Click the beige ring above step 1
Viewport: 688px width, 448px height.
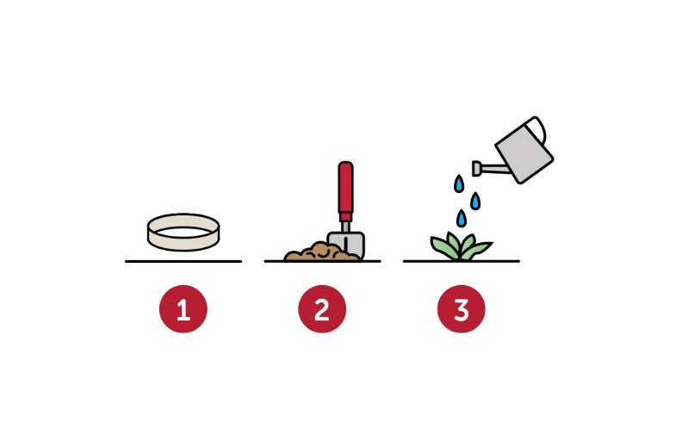pos(183,244)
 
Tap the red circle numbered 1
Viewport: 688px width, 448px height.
pos(183,309)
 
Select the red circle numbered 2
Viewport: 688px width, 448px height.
pos(322,309)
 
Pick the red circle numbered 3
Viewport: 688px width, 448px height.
pos(462,309)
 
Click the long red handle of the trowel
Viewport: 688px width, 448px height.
pos(346,187)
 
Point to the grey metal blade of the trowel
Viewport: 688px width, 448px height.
pos(350,244)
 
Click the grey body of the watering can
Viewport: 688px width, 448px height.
pos(524,152)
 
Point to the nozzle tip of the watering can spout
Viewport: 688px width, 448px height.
pos(476,169)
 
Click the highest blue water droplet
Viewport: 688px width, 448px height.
pos(459,184)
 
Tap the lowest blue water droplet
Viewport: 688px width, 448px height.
pos(462,218)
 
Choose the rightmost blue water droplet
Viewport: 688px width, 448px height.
pos(475,201)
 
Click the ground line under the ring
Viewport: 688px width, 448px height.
pos(183,261)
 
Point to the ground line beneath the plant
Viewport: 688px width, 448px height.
pos(462,261)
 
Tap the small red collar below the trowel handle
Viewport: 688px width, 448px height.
pos(346,217)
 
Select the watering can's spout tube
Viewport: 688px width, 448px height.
pos(496,169)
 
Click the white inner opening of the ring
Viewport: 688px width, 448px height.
pos(183,233)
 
